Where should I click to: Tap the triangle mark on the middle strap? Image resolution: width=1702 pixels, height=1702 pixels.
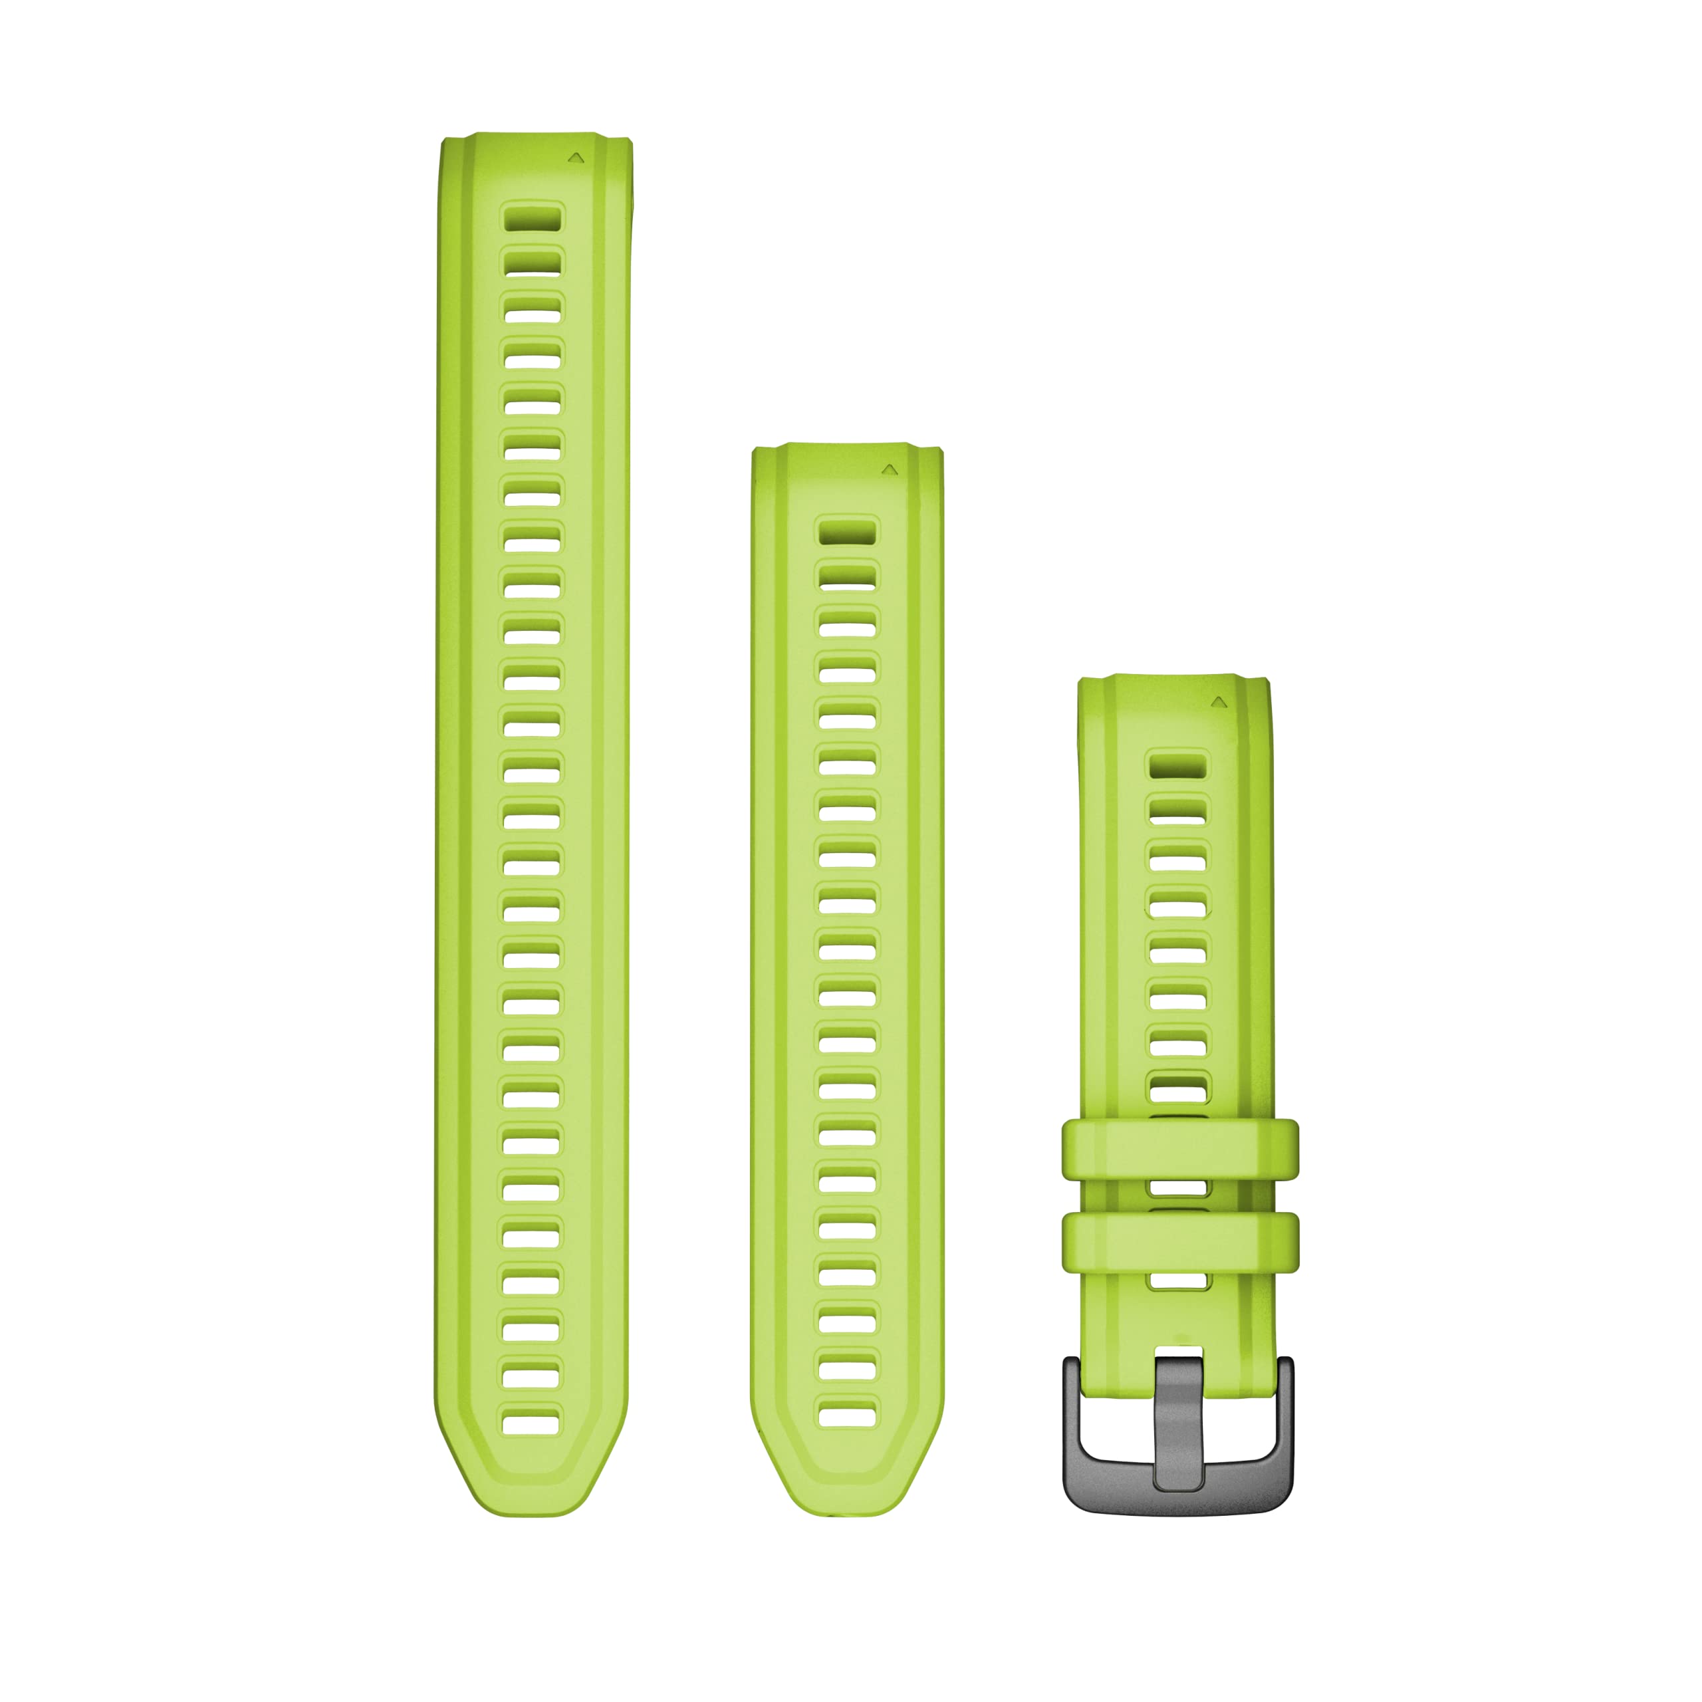click(x=890, y=471)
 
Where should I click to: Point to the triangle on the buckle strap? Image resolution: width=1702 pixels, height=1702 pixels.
click(x=1219, y=702)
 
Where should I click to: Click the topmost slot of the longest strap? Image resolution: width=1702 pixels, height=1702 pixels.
click(x=532, y=217)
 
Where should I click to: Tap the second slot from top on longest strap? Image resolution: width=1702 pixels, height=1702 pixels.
click(x=532, y=263)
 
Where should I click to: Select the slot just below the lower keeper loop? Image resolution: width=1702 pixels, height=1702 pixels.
click(x=1179, y=1282)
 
